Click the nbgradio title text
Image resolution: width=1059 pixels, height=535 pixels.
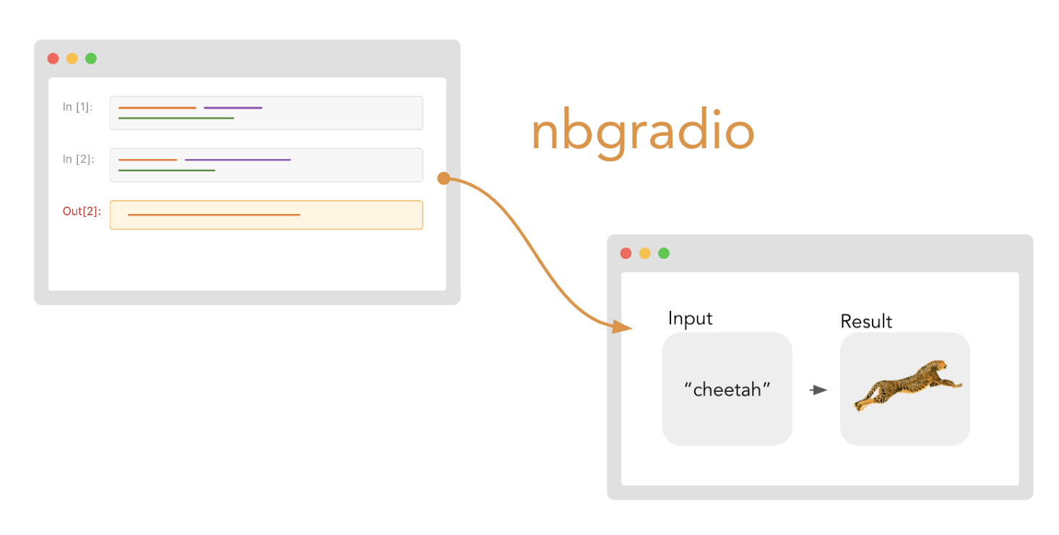pos(642,132)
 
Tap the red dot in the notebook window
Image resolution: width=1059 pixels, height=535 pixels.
pos(53,58)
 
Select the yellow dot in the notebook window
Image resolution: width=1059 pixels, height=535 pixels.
pos(72,58)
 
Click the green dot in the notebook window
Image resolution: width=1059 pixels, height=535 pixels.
pos(91,58)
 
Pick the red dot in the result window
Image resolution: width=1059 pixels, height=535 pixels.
pos(626,253)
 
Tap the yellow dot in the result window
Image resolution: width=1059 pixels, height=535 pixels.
pos(645,253)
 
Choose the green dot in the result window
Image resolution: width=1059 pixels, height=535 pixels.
pos(664,253)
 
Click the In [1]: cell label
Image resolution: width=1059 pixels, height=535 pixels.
pos(77,107)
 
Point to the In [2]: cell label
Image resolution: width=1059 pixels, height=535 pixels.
pos(79,159)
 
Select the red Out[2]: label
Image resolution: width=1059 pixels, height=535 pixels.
pos(82,211)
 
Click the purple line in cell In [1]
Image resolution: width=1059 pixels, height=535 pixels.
pos(233,108)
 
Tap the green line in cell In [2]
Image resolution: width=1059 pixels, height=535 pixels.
pos(167,171)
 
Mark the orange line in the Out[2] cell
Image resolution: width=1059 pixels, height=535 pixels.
pos(214,215)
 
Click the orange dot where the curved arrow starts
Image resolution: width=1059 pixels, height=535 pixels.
pos(444,179)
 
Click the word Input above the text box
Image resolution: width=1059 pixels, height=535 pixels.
pos(691,318)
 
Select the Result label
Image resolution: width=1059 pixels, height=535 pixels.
pos(866,322)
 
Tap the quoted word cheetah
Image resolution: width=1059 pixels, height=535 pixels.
pos(727,390)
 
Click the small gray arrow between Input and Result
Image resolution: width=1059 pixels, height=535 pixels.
pos(818,390)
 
